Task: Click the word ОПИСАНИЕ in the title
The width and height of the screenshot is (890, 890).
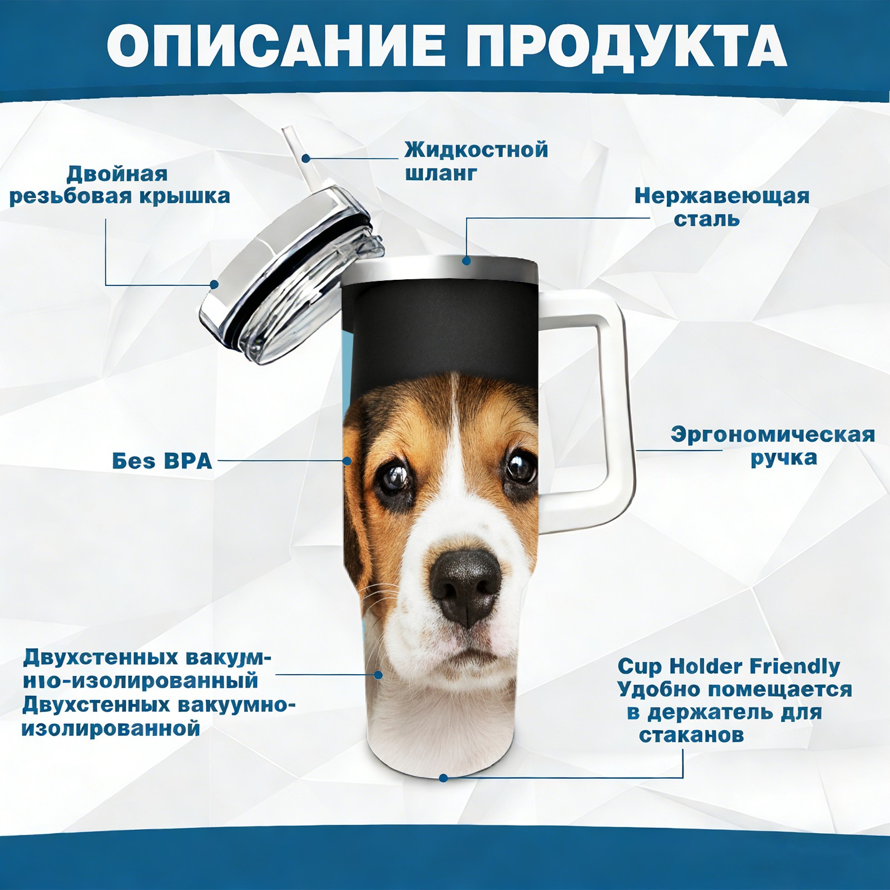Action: [x=276, y=46]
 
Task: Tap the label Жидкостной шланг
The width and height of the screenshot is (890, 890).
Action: [x=476, y=161]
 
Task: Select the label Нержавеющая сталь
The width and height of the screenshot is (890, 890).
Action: [x=722, y=207]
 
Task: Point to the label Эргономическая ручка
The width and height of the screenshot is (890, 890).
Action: [x=773, y=446]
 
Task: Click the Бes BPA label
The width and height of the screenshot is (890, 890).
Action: [x=162, y=461]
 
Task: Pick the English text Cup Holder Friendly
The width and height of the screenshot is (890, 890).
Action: [x=729, y=666]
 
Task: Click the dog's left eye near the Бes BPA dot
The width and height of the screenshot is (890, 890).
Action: [x=394, y=476]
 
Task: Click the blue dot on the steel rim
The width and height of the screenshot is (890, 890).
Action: [x=466, y=260]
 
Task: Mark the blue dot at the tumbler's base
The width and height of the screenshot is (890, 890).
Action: [x=443, y=778]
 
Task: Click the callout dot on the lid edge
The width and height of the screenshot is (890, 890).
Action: [x=214, y=284]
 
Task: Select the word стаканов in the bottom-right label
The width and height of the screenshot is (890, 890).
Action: [x=691, y=735]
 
